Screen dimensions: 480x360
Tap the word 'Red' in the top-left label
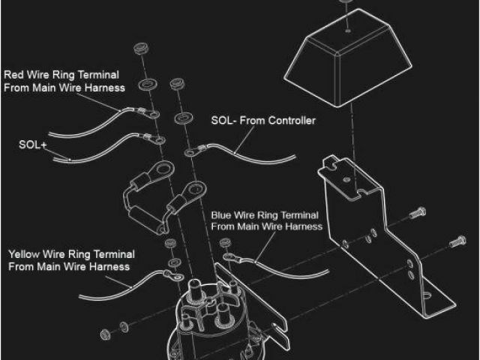(x=14, y=74)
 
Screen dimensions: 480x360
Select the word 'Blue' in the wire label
(x=223, y=214)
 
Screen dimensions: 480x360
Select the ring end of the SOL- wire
(x=190, y=152)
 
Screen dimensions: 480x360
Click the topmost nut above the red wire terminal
(x=139, y=51)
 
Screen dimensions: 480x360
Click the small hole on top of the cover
(x=350, y=32)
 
